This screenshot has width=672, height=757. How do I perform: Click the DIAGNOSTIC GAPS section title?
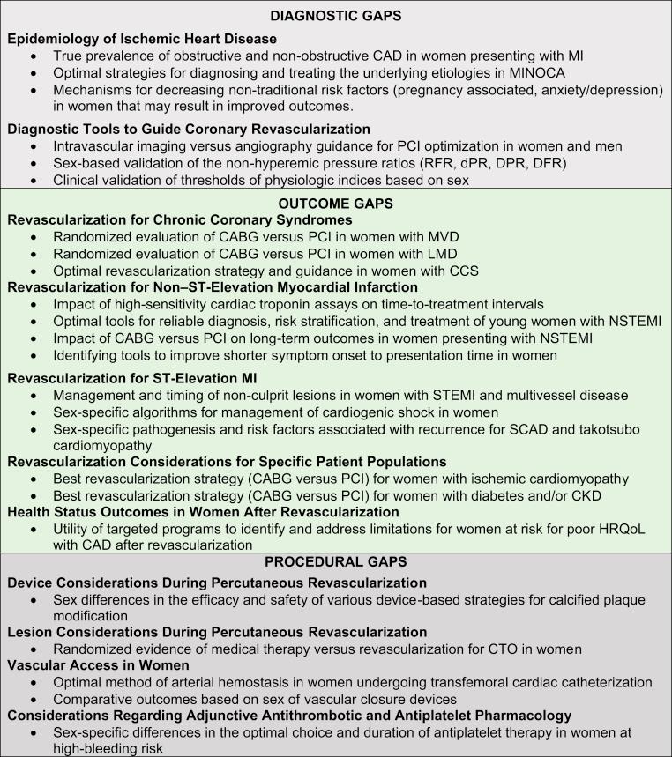click(336, 16)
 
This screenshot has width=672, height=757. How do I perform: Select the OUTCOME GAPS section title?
click(336, 202)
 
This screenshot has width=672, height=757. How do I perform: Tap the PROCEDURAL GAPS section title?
click(336, 561)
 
